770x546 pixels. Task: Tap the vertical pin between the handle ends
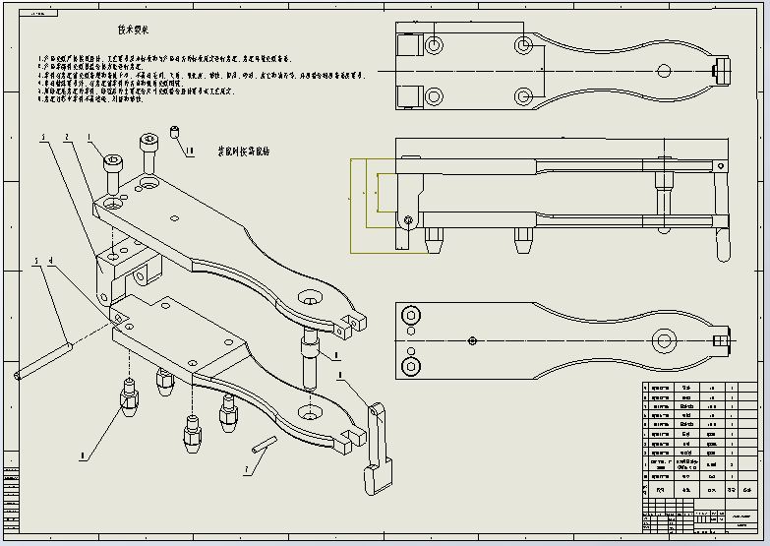pos(309,359)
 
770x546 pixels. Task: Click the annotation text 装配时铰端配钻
pos(250,153)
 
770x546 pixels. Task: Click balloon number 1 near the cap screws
pos(89,138)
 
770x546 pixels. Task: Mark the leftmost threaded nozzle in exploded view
pos(127,395)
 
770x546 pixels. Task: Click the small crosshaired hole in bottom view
pos(473,340)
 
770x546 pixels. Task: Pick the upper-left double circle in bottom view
pos(409,315)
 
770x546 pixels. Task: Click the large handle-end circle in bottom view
pos(666,340)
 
